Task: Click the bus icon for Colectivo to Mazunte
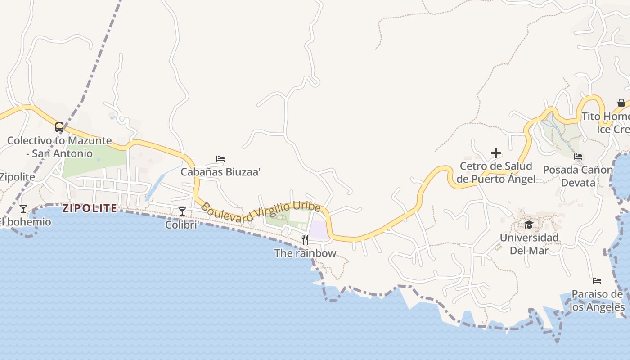click(x=59, y=127)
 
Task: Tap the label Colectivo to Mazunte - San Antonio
click(x=59, y=147)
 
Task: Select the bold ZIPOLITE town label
click(x=90, y=208)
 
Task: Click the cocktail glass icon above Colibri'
click(x=182, y=211)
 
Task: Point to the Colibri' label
click(x=182, y=225)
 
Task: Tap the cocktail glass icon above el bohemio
click(x=23, y=209)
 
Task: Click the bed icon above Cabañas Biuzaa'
click(x=220, y=159)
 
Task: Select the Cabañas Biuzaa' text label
click(x=220, y=172)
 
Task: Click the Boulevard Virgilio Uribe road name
click(x=261, y=211)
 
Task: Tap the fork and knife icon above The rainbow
click(x=305, y=239)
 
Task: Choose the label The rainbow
click(x=305, y=253)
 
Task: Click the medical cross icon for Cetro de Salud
click(x=496, y=153)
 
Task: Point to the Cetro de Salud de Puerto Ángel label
click(x=496, y=172)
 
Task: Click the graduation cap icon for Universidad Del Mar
click(x=529, y=225)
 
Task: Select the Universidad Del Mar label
click(x=529, y=244)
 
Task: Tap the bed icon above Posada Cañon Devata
click(x=578, y=157)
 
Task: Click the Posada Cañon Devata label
click(x=578, y=176)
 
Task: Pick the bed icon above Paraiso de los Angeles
click(x=597, y=281)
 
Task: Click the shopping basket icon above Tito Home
click(x=621, y=103)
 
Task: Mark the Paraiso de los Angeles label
click(x=597, y=301)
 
